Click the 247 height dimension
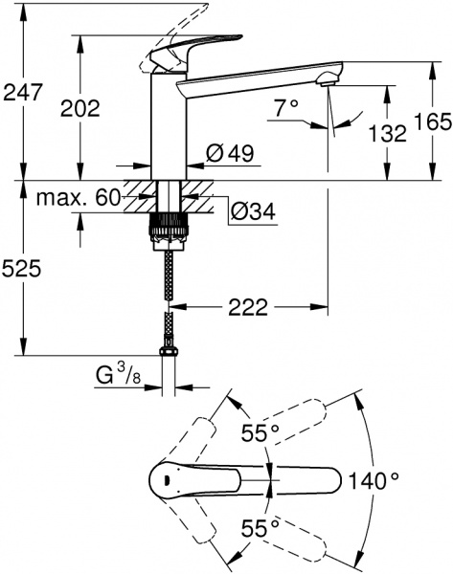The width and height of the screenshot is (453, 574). click(22, 93)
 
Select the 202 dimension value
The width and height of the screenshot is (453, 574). click(79, 108)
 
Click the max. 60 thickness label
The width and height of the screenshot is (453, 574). click(78, 199)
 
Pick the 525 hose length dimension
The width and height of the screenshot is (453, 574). click(22, 270)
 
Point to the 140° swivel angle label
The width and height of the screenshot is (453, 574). click(400, 478)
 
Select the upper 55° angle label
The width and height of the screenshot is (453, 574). click(260, 433)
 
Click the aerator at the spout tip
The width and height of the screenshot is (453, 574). click(328, 80)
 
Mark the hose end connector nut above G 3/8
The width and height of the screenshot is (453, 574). click(170, 355)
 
